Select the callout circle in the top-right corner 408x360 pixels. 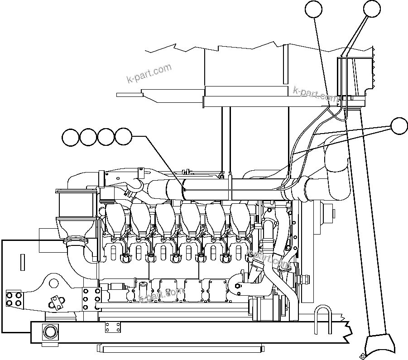click(372, 9)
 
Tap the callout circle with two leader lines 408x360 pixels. click(399, 126)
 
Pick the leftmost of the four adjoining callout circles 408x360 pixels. click(71, 137)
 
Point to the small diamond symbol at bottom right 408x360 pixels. click(362, 355)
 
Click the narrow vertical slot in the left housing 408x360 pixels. click(21, 263)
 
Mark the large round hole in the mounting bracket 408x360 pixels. click(54, 284)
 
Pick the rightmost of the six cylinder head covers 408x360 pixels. click(240, 217)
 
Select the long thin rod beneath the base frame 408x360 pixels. click(180, 348)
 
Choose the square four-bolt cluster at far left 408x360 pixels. click(13, 299)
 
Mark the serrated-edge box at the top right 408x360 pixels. click(358, 75)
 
